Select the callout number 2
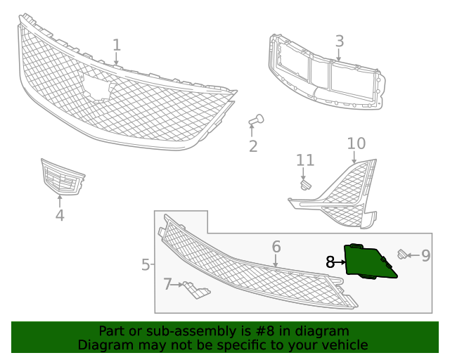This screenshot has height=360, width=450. click(252, 146)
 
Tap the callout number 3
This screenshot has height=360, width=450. click(339, 41)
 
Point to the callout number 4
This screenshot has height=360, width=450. click(60, 216)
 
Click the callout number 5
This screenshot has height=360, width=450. click(145, 265)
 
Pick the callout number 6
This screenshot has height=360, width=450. click(276, 247)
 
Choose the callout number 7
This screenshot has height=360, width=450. click(167, 284)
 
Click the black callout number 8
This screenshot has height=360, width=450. click(330, 262)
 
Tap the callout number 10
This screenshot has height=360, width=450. click(356, 143)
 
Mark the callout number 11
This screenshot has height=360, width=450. click(304, 160)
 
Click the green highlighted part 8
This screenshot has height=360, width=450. click(368, 262)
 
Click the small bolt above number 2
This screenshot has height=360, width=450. click(256, 120)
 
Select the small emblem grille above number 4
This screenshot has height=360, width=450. click(62, 179)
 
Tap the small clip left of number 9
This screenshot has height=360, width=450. click(403, 255)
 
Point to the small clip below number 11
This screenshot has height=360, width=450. click(305, 185)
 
